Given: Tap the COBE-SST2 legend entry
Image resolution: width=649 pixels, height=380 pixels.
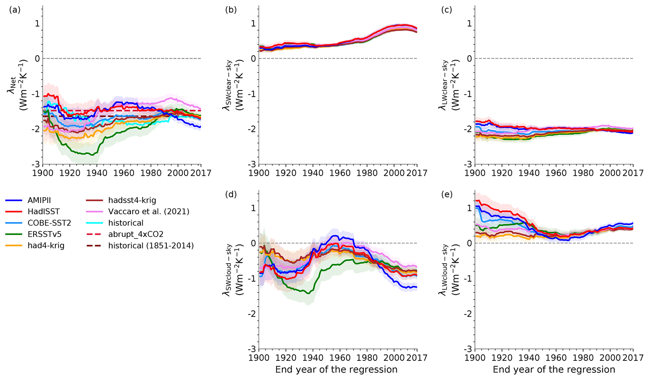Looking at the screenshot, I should coord(49,223).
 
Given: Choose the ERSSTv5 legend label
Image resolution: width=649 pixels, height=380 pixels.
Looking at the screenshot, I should coord(44,234).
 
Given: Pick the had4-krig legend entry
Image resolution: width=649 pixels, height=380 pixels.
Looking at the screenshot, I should coord(46,245).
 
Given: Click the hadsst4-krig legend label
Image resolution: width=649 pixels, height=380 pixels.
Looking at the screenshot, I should coord(132,200).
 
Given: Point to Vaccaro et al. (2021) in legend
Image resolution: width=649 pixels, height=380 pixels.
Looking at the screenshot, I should coord(149,212).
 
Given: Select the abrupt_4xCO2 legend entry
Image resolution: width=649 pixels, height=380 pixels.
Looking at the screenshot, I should coord(136,234).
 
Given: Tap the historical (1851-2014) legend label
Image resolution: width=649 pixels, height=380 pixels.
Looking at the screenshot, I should coord(151,245).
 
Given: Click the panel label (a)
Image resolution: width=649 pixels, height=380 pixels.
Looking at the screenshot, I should coord(15,10).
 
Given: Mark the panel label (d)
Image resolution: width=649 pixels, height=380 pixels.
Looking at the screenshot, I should coord(231,194).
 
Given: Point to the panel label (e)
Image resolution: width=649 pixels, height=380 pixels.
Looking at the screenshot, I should coord(447,194).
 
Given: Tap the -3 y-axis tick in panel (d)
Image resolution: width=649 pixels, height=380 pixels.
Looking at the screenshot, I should coord(253,349).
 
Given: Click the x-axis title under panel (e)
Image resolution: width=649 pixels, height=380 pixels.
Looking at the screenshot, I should coord(554,370).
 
